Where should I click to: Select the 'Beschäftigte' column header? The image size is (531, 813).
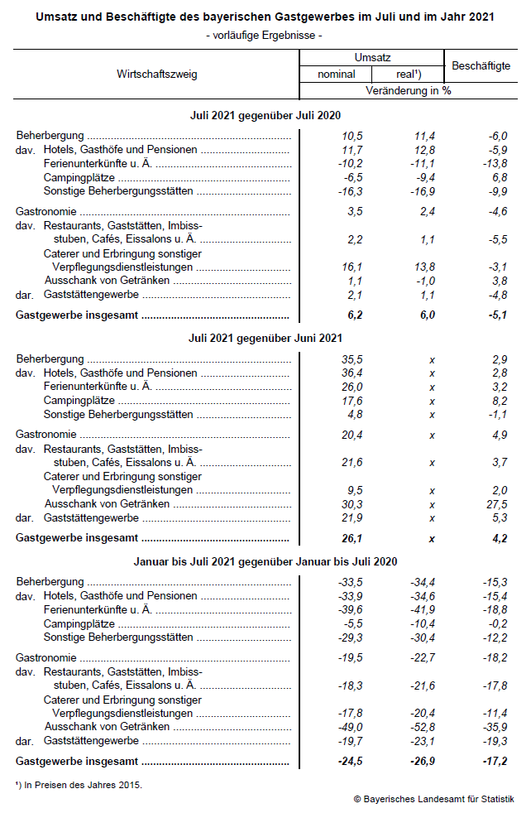[481, 65]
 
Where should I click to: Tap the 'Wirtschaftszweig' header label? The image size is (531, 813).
[157, 75]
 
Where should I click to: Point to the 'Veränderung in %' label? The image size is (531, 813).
[409, 90]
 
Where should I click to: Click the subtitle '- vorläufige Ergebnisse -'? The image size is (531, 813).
[265, 35]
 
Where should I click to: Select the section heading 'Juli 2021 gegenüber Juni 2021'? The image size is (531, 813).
[265, 338]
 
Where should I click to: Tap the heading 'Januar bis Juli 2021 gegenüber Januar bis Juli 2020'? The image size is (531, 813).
[265, 561]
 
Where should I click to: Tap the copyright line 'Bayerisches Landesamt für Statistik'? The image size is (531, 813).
[438, 799]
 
